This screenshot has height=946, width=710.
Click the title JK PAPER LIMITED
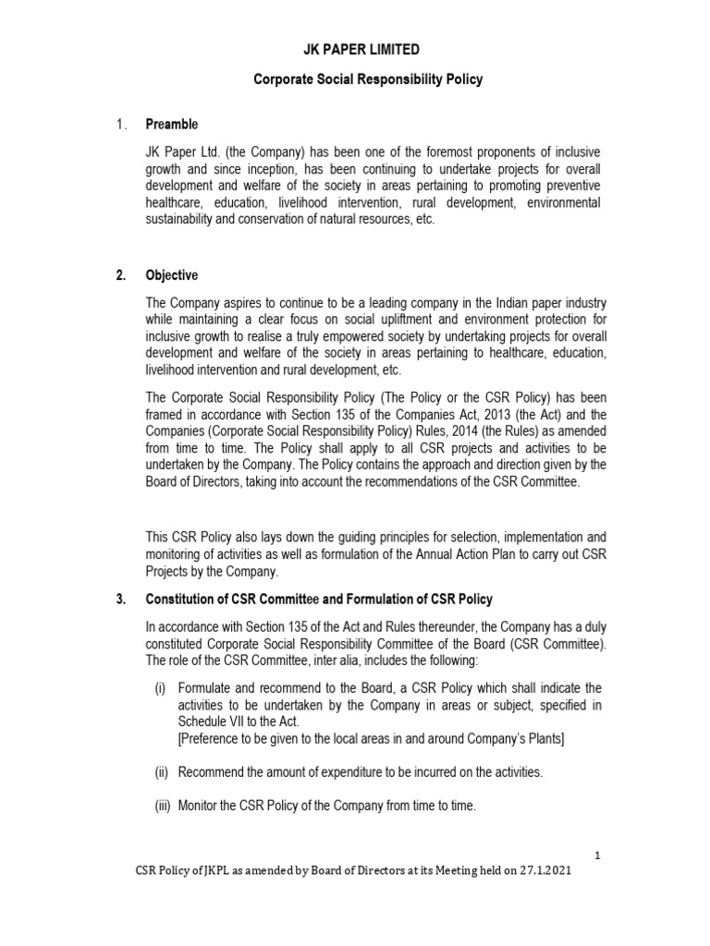[368, 49]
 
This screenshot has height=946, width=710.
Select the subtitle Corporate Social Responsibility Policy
[368, 80]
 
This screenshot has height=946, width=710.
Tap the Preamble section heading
[171, 125]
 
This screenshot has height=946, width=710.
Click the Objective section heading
[171, 275]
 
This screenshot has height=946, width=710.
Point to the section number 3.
[120, 599]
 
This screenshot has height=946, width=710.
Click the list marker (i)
[160, 688]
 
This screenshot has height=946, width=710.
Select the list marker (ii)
[161, 770]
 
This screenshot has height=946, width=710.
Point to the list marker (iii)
[163, 806]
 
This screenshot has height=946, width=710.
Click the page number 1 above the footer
[598, 855]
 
